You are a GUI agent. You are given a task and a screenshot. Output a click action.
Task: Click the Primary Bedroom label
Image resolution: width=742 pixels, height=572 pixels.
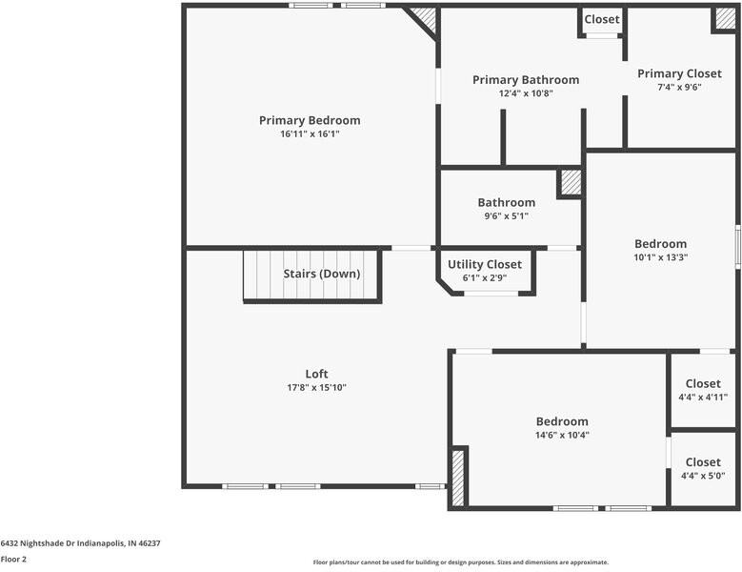(310, 120)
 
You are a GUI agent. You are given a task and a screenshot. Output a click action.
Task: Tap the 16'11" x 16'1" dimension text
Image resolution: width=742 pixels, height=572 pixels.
(310, 134)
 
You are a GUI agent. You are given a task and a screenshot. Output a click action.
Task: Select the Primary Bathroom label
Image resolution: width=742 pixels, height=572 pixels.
(526, 80)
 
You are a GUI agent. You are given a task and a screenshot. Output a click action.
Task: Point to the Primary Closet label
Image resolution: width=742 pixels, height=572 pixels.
(679, 73)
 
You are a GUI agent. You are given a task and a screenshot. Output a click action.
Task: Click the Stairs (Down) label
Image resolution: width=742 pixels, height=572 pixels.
(322, 274)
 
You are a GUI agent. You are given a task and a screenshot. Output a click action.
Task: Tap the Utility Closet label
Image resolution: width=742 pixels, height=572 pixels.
(485, 264)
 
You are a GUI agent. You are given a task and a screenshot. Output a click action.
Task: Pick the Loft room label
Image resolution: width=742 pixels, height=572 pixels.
(316, 374)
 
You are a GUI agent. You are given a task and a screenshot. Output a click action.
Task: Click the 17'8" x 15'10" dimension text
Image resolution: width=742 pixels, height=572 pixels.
(316, 387)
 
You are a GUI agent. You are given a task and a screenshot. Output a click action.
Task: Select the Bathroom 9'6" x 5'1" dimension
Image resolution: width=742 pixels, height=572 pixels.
(507, 216)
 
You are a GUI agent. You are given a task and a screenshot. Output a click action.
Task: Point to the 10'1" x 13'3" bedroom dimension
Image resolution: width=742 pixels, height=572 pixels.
(661, 257)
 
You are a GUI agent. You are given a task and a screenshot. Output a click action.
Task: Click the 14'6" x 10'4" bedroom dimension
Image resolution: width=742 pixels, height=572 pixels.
(562, 435)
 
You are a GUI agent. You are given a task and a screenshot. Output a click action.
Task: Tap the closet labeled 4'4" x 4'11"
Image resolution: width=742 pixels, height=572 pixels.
(703, 383)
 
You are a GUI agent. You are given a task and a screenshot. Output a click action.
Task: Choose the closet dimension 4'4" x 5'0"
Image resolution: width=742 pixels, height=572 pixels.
(703, 476)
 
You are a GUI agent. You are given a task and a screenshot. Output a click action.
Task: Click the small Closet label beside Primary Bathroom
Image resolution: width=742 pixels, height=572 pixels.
(602, 19)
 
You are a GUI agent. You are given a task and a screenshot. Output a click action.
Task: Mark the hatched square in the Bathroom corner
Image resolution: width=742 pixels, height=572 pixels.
(572, 182)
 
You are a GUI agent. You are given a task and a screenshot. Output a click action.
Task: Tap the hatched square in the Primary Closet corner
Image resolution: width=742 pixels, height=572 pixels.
(726, 18)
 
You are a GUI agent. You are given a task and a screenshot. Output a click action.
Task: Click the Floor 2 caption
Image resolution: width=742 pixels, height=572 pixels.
(13, 560)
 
